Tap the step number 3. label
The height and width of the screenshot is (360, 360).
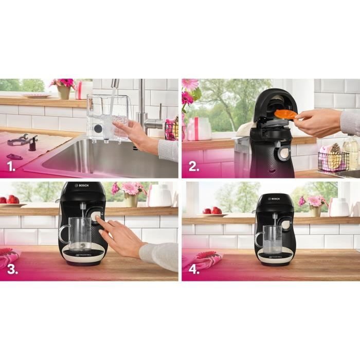coord(11,271)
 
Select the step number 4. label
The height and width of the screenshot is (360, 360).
coord(194,271)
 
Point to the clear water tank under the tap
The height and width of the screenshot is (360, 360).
coord(107,117)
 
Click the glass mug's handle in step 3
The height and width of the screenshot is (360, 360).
coord(63,234)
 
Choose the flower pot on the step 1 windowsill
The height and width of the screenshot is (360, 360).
coord(64,92)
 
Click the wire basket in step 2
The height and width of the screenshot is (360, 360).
coord(333,161)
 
